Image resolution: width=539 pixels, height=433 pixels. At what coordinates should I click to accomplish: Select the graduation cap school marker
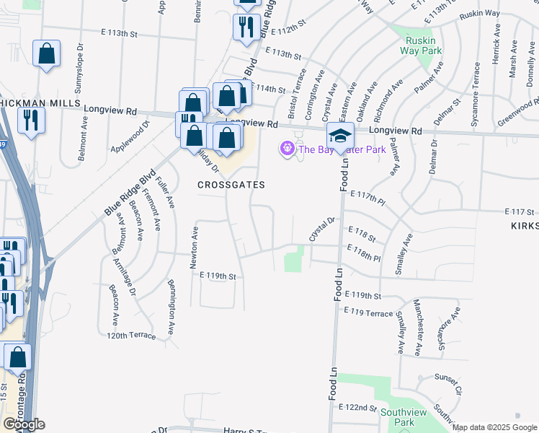[x=340, y=134]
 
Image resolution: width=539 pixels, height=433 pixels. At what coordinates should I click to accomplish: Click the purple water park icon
[x=288, y=149]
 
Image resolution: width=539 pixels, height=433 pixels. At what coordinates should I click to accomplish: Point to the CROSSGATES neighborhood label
[x=231, y=185]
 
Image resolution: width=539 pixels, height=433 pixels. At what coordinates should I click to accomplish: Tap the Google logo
[x=23, y=424]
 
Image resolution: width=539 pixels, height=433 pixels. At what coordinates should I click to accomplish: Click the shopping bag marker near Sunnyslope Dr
[x=46, y=53]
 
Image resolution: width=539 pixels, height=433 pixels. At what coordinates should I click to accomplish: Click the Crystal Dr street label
[x=322, y=229]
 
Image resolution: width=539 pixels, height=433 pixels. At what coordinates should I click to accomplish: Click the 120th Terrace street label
[x=131, y=336]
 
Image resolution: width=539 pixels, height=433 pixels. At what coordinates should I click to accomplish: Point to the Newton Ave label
[x=194, y=248]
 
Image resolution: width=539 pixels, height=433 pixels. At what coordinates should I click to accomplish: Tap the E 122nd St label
[x=357, y=408]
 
